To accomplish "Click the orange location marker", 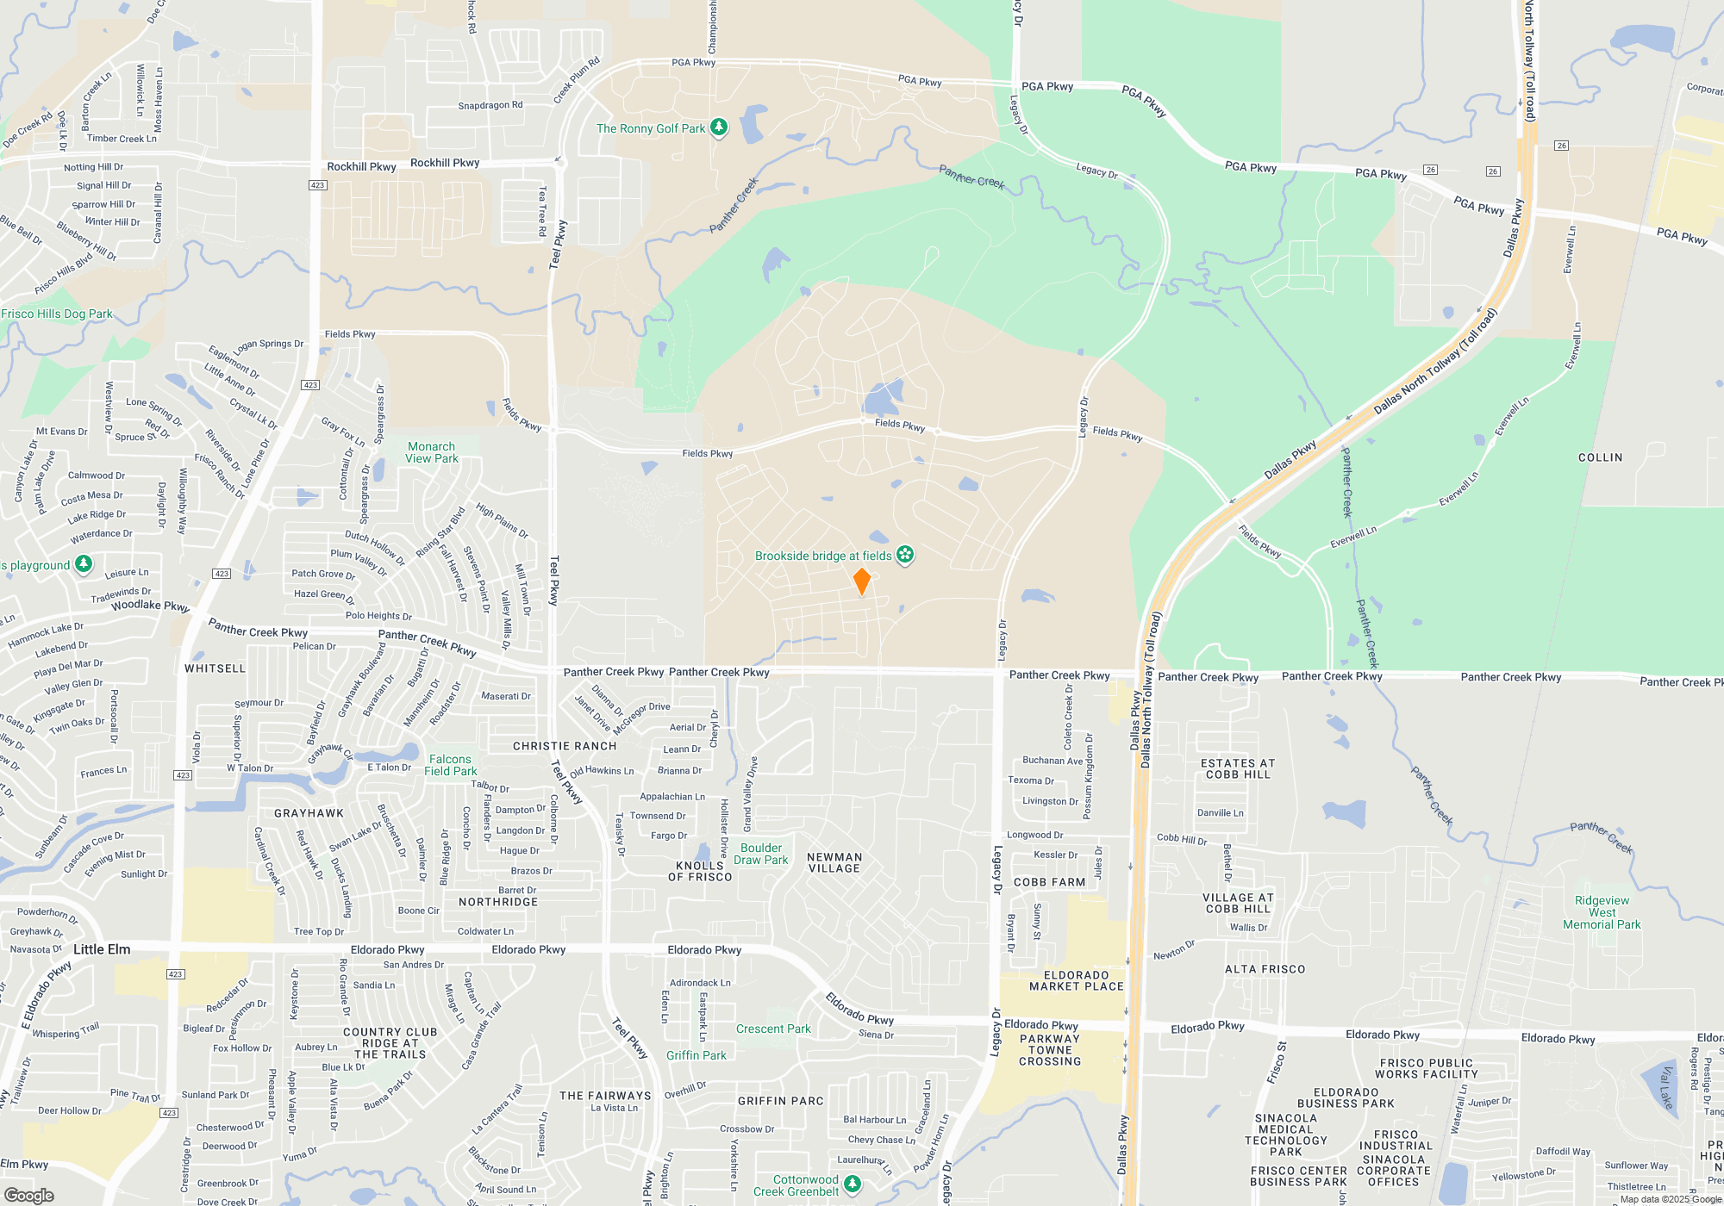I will pyautogui.click(x=861, y=581).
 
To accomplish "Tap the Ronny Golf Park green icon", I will pyautogui.click(x=718, y=127).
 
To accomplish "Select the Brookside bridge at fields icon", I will pyautogui.click(x=904, y=555).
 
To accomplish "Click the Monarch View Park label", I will pyautogui.click(x=432, y=452).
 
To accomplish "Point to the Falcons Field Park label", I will pyautogui.click(x=450, y=765).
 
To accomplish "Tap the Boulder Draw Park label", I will pyautogui.click(x=761, y=854).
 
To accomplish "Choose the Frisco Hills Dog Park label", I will pyautogui.click(x=57, y=314).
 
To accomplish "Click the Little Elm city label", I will pyautogui.click(x=102, y=949).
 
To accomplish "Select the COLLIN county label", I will pyautogui.click(x=1600, y=457).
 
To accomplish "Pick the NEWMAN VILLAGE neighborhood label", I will pyautogui.click(x=834, y=862).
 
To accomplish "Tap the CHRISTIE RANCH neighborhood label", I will pyautogui.click(x=565, y=746).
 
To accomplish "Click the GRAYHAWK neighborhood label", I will pyautogui.click(x=309, y=813).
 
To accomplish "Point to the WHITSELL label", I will pyautogui.click(x=215, y=668).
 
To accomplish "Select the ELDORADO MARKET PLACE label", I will pyautogui.click(x=1077, y=980).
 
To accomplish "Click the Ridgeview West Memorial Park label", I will pyautogui.click(x=1602, y=912).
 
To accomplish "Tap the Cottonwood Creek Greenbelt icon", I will pyautogui.click(x=852, y=1184).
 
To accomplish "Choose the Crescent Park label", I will pyautogui.click(x=773, y=1029).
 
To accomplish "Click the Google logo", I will pyautogui.click(x=29, y=1195).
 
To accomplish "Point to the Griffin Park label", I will pyautogui.click(x=696, y=1055).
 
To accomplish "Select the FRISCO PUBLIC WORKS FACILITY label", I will pyautogui.click(x=1426, y=1068).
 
